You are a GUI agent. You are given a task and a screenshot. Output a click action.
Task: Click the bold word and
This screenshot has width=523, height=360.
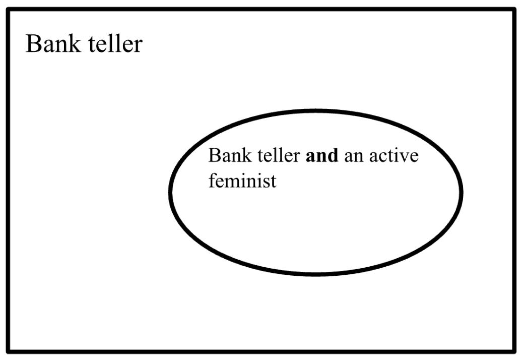(322, 156)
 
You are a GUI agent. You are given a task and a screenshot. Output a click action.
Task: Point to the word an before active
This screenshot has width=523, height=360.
(352, 157)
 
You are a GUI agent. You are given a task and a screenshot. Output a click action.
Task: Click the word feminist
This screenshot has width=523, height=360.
(242, 180)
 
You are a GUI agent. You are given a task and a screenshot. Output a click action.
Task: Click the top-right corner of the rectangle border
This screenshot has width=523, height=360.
(515, 10)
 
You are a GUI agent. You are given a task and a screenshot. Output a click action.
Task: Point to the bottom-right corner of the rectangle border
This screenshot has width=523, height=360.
(515, 350)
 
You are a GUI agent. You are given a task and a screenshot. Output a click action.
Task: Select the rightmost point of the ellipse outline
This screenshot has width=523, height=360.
(462, 192)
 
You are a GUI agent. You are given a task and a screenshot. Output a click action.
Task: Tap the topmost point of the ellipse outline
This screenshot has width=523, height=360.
(315, 110)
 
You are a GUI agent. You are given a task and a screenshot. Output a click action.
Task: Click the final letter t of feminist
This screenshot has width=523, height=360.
(274, 181)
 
